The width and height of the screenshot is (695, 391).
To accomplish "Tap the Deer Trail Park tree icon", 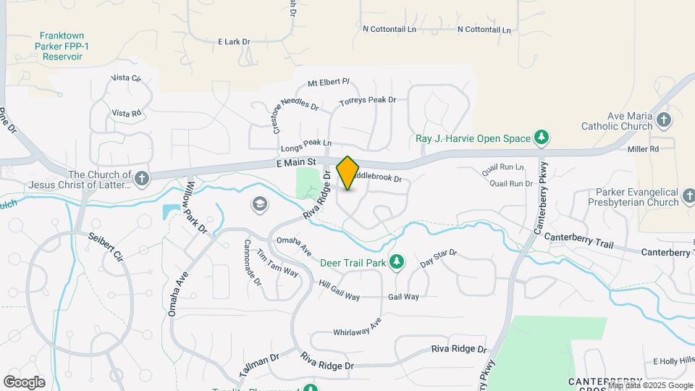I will click(x=396, y=261).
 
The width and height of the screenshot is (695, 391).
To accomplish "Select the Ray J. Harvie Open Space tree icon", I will click(x=541, y=137).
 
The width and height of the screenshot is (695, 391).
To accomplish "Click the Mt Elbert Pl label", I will click(x=328, y=83).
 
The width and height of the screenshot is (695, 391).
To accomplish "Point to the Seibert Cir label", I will click(x=106, y=247).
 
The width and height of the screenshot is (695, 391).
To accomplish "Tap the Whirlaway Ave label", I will click(x=357, y=327).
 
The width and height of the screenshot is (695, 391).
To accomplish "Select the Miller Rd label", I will click(x=644, y=149).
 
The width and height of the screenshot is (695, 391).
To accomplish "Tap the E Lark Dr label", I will click(x=234, y=42).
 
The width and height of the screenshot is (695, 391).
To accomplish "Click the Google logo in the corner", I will click(x=24, y=382).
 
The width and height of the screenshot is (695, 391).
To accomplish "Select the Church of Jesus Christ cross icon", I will click(x=141, y=178).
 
